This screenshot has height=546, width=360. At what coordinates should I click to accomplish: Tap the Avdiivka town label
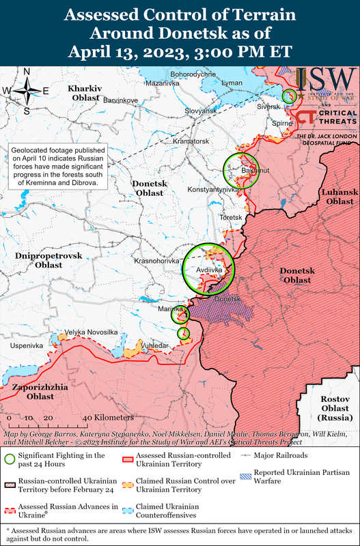208,270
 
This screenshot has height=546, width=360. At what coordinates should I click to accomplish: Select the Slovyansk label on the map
202,111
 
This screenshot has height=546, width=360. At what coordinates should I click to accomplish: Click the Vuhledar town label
155,346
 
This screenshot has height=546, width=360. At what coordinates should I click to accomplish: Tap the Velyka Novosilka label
91,332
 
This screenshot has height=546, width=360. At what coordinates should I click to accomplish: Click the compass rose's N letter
27,72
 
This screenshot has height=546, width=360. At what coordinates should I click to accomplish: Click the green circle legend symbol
10,459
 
